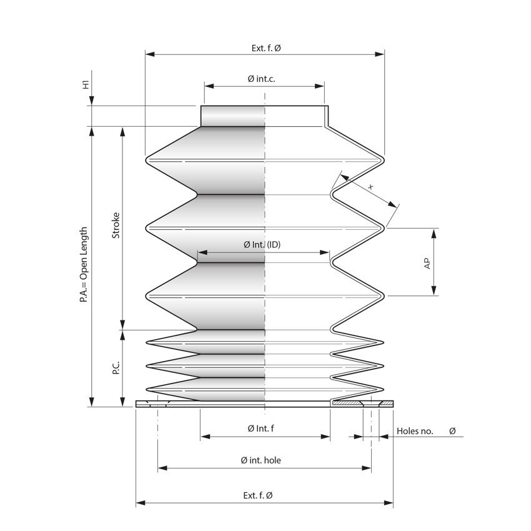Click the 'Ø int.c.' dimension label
tap(261, 79)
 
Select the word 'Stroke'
tap(116, 226)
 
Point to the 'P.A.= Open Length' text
tap(84, 265)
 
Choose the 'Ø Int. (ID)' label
tap(262, 245)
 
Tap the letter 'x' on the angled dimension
tap(370, 187)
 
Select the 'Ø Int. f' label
tap(261, 429)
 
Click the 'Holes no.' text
tap(415, 431)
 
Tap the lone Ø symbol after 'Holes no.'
tap(452, 431)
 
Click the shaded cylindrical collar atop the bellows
tap(232, 116)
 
